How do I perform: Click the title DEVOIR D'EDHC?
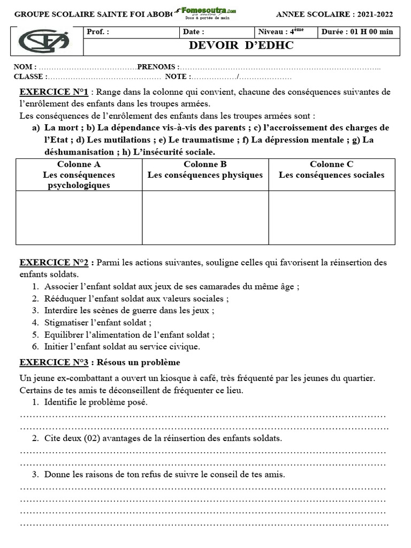pyautogui.click(x=241, y=45)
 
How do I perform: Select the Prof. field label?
pyautogui.click(x=98, y=32)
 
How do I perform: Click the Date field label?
pyautogui.click(x=194, y=32)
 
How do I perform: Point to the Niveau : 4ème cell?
pyautogui.click(x=281, y=32)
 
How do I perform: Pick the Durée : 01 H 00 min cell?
pyautogui.click(x=357, y=32)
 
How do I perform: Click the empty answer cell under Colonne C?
pyautogui.click(x=331, y=217)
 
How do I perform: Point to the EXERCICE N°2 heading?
pyautogui.click(x=57, y=263)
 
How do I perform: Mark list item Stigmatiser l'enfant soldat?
pyautogui.click(x=98, y=323)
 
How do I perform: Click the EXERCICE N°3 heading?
pyautogui.click(x=57, y=362)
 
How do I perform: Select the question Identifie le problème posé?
pyautogui.click(x=96, y=402)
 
